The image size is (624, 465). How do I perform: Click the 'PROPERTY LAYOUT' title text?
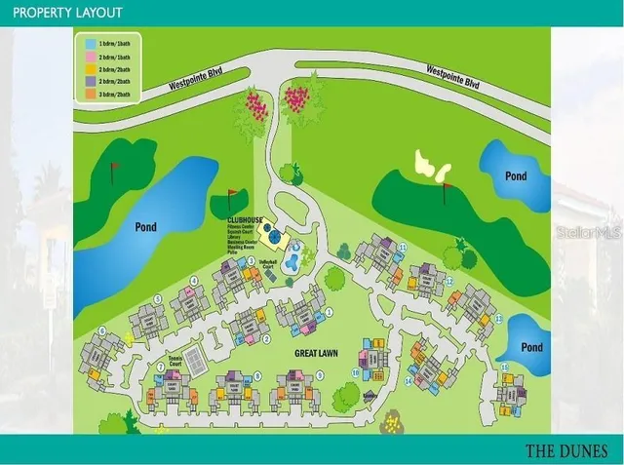(x=68, y=14)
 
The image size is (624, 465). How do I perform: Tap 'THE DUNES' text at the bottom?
(x=567, y=450)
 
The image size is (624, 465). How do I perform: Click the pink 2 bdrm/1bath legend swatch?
(x=89, y=57)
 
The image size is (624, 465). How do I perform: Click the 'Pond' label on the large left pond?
(x=145, y=227)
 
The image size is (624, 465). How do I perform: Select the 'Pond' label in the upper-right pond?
(x=516, y=176)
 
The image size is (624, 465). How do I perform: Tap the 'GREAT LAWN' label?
(x=316, y=353)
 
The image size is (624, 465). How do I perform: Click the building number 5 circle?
(x=157, y=297)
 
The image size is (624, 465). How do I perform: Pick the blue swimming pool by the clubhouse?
(x=276, y=237)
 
